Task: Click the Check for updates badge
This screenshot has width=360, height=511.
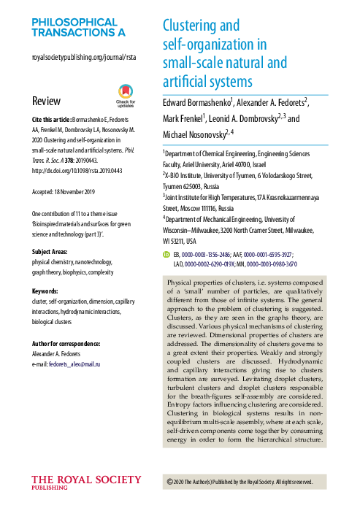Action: (x=126, y=95)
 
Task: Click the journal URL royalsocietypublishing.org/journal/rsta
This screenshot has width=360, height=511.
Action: (x=85, y=56)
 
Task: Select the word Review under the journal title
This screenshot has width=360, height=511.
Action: (x=47, y=100)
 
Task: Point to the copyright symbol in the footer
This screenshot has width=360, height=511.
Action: (x=171, y=482)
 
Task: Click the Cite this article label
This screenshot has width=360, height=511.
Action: (x=50, y=118)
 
